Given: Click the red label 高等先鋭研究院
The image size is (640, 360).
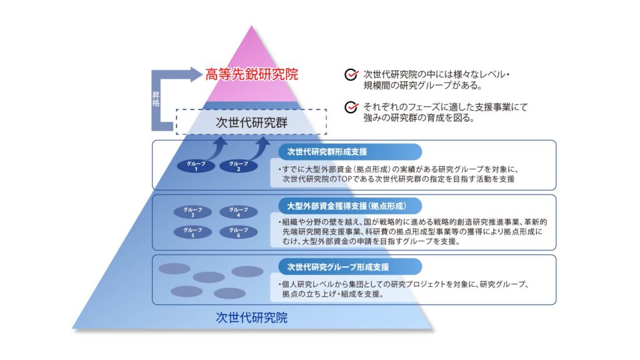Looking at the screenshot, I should point(252,75).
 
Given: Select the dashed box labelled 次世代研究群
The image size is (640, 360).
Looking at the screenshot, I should point(251,122).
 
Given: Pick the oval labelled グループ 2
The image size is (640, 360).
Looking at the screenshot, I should point(238,166).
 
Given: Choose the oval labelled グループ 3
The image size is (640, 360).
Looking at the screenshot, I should point(189,212).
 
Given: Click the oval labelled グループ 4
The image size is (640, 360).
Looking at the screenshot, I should point(238,212).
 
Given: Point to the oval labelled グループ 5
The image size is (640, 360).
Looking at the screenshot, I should point(189,232).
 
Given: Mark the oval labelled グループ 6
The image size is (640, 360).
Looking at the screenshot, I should point(238,232).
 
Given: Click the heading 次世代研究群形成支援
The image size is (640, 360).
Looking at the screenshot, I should point(327,152).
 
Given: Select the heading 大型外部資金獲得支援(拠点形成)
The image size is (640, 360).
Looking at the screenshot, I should point(346,205).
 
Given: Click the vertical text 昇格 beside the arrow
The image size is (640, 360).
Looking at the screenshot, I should point(156,98).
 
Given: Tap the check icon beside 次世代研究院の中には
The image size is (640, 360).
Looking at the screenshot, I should point(351,76).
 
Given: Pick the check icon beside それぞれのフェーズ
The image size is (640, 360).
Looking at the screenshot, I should point(351,107).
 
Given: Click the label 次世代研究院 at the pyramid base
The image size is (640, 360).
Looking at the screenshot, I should point(251,317).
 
